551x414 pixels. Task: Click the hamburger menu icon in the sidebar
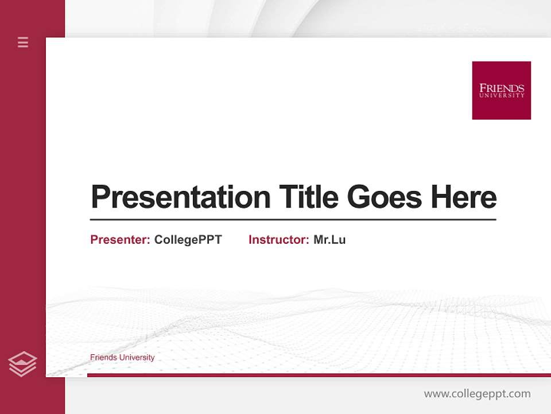[x=23, y=42]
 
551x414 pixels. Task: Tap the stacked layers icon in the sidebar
[x=22, y=364]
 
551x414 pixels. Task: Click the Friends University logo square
[x=501, y=90]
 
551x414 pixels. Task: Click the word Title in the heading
[x=309, y=197]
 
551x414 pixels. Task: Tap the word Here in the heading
[x=464, y=197]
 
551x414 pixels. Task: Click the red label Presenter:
[x=120, y=240]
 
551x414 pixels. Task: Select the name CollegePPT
[x=188, y=240]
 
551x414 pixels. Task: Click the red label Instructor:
[x=278, y=240]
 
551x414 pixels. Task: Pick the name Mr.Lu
[x=329, y=240]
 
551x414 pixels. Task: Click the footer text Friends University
[x=122, y=358]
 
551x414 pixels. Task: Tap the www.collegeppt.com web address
[x=477, y=394]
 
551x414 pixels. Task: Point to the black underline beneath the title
[x=293, y=219]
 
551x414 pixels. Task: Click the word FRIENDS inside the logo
[x=502, y=88]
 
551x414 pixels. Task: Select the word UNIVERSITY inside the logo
[x=502, y=95]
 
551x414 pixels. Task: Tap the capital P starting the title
[x=100, y=197]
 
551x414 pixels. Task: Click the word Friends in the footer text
[x=104, y=358]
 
